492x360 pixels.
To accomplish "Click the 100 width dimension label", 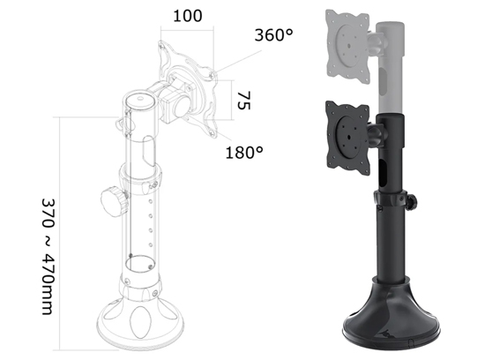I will click(x=187, y=17).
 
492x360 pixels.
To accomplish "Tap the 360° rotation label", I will click(x=272, y=36).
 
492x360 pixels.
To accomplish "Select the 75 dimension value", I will click(x=242, y=101).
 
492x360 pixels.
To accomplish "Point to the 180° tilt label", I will click(x=244, y=153).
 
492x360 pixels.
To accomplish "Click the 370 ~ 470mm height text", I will click(x=49, y=255).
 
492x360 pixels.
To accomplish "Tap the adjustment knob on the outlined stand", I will click(x=114, y=199).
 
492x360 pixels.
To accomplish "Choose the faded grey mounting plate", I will click(x=353, y=38).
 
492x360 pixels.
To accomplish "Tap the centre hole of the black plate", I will click(x=346, y=131).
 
